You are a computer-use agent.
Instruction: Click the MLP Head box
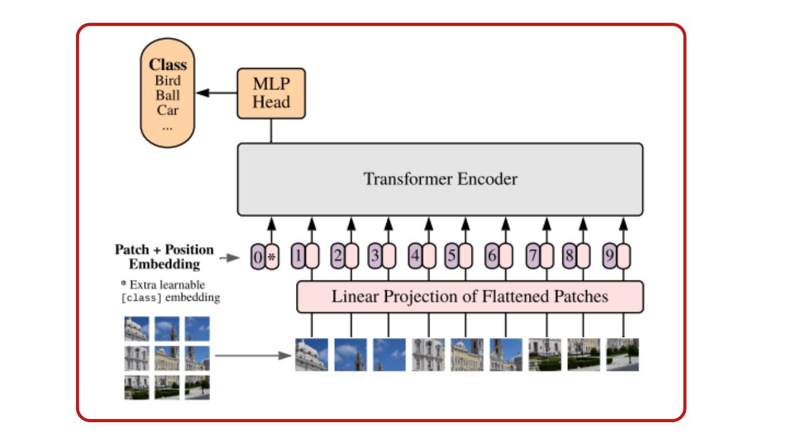click(x=271, y=93)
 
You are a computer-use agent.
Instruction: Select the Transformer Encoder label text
click(x=440, y=179)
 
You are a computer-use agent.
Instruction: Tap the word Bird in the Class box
click(x=167, y=80)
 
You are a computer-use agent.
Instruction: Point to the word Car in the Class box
click(x=167, y=110)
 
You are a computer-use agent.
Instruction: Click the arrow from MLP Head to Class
click(x=216, y=93)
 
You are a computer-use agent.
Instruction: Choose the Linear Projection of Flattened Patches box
click(x=470, y=297)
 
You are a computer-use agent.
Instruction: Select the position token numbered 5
click(x=452, y=256)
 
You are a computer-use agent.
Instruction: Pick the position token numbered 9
click(x=609, y=256)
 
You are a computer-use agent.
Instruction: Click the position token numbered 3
click(x=374, y=256)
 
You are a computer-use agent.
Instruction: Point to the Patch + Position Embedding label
click(x=164, y=256)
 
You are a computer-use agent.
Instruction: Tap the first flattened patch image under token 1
click(x=311, y=354)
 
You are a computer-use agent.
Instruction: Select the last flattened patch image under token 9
click(x=622, y=354)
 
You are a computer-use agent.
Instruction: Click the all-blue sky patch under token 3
click(x=389, y=354)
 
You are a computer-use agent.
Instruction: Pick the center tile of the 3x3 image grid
click(x=167, y=358)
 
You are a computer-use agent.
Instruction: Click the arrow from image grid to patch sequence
click(x=253, y=355)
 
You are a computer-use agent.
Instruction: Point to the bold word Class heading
click(x=167, y=65)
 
